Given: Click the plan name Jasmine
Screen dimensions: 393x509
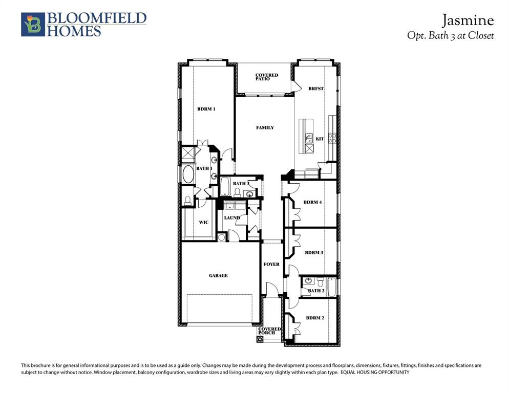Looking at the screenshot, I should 468,20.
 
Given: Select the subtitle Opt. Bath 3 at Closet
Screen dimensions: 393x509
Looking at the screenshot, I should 450,36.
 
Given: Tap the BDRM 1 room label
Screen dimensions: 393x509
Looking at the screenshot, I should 206,109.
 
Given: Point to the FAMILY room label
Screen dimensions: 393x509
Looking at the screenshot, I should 265,127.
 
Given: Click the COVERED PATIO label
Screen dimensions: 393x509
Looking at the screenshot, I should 267,77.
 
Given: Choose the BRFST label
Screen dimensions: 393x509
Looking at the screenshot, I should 316,89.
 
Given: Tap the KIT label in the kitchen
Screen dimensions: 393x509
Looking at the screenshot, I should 320,139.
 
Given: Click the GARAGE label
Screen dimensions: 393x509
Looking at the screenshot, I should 218,275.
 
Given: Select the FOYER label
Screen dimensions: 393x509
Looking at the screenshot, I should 271,264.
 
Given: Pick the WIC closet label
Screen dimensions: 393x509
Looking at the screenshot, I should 203,222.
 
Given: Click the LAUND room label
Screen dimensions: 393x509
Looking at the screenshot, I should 232,217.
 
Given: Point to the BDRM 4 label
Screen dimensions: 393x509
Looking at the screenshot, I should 312,202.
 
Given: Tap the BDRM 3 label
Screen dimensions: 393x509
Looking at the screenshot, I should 314,252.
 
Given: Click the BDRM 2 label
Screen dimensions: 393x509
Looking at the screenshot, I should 315,318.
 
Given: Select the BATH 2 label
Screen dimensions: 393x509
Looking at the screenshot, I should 316,291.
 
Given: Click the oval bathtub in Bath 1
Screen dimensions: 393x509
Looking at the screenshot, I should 188,176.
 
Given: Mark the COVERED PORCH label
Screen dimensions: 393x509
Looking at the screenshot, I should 269,331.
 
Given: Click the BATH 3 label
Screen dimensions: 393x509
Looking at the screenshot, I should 241,183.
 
